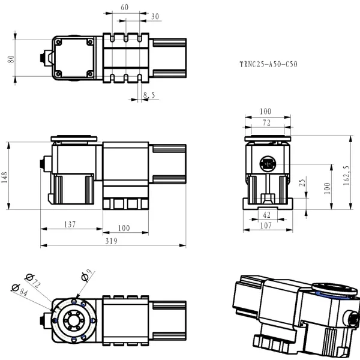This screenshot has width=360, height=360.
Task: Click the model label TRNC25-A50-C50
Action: pyautogui.click(x=268, y=64)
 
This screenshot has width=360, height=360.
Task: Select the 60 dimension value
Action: pyautogui.click(x=124, y=8)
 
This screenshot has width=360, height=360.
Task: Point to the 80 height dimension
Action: pyautogui.click(x=10, y=59)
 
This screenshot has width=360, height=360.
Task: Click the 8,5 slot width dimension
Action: pyautogui.click(x=149, y=95)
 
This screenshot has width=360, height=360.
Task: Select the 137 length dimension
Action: pyautogui.click(x=70, y=224)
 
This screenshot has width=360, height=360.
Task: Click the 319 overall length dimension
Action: pyautogui.click(x=112, y=241)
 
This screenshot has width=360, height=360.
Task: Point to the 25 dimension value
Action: pyautogui.click(x=302, y=182)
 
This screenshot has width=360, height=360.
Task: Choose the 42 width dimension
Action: pyautogui.click(x=266, y=215)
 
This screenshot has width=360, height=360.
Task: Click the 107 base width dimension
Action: pyautogui.click(x=266, y=226)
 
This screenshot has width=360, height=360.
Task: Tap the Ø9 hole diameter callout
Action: pyautogui.click(x=86, y=276)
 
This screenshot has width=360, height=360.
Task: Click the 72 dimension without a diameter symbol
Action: pyautogui.click(x=266, y=122)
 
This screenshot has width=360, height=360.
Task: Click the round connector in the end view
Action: pyautogui.click(x=267, y=163)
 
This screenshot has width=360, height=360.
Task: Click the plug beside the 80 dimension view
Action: pyautogui.click(x=42, y=59)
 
